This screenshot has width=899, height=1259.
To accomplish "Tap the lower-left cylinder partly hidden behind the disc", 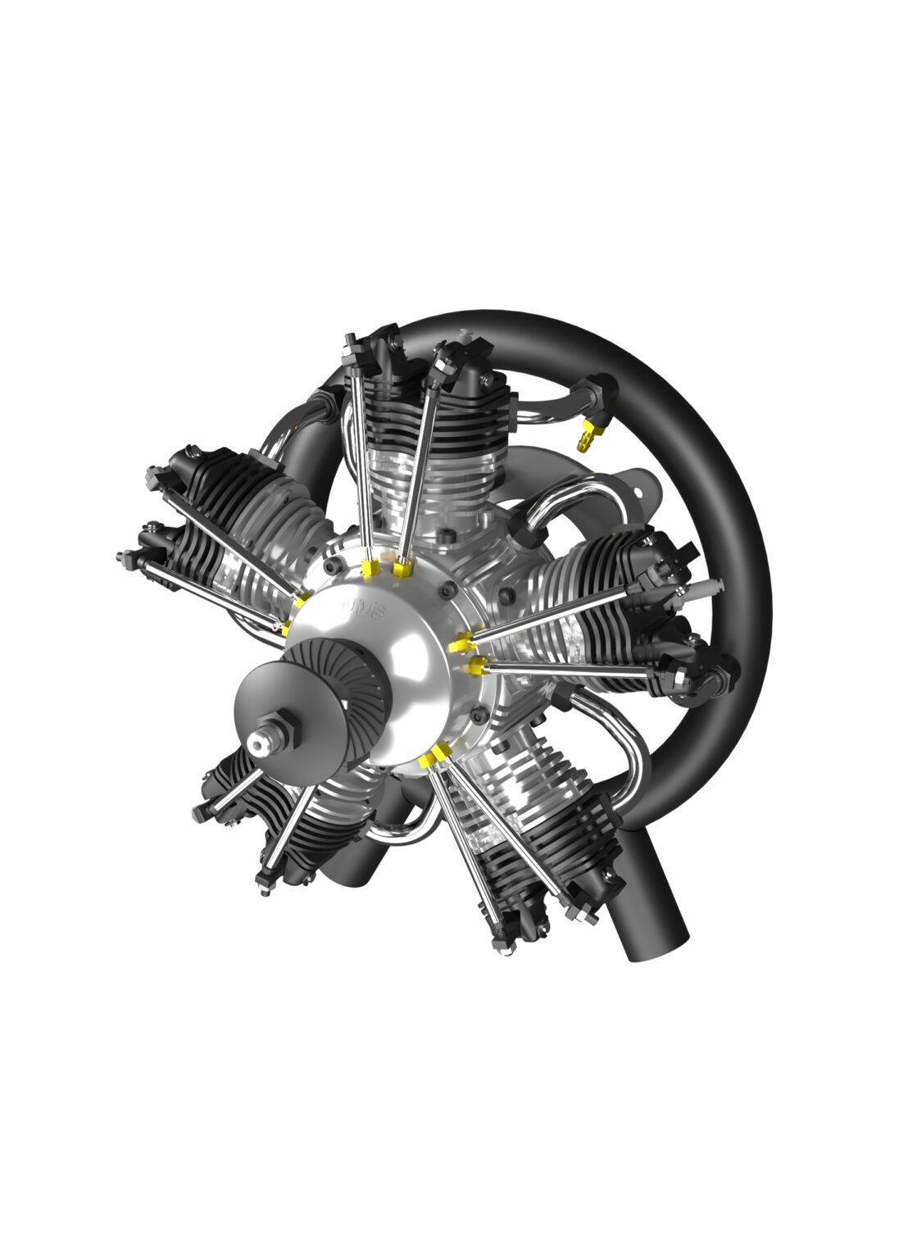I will pos(270,828).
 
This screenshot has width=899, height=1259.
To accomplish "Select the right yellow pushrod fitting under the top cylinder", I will pos(401,568).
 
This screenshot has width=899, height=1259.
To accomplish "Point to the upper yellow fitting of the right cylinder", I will pos(459,645).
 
